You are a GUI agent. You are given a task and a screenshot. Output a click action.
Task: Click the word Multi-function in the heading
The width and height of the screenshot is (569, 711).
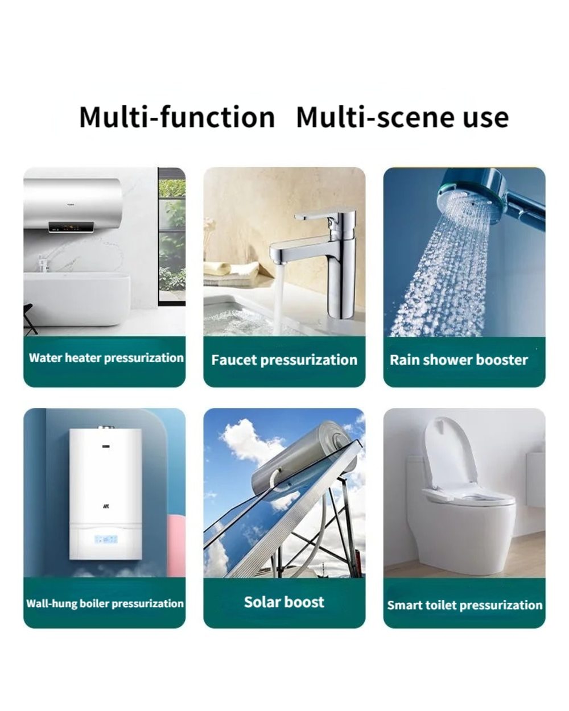pos(177,117)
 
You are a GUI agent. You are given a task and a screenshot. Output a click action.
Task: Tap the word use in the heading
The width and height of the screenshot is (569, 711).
pos(486,119)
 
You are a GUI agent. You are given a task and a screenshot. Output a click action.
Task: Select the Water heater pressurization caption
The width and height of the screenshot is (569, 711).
pos(106,358)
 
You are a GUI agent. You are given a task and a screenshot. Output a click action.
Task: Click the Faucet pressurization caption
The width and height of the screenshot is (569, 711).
pos(284,360)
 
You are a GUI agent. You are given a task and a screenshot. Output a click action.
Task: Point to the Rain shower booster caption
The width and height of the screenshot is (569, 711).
pos(459,360)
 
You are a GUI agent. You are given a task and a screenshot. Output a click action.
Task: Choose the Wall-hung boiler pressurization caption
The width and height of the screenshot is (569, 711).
pos(105,603)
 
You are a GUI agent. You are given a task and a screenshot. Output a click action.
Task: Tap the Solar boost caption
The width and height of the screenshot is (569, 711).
pos(284,602)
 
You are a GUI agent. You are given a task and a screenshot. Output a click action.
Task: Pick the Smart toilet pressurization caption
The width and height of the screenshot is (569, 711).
pos(464,605)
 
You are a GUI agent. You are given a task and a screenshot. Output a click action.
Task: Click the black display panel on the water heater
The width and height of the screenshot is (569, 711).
pos(71,226)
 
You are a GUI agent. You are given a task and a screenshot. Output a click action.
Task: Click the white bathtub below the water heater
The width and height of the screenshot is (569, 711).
pos(77,299)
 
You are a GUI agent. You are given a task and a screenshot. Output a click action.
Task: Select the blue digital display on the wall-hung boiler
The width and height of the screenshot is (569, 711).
pos(106,540)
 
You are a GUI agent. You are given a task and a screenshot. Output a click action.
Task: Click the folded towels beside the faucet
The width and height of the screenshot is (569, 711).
pos(232,274)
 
